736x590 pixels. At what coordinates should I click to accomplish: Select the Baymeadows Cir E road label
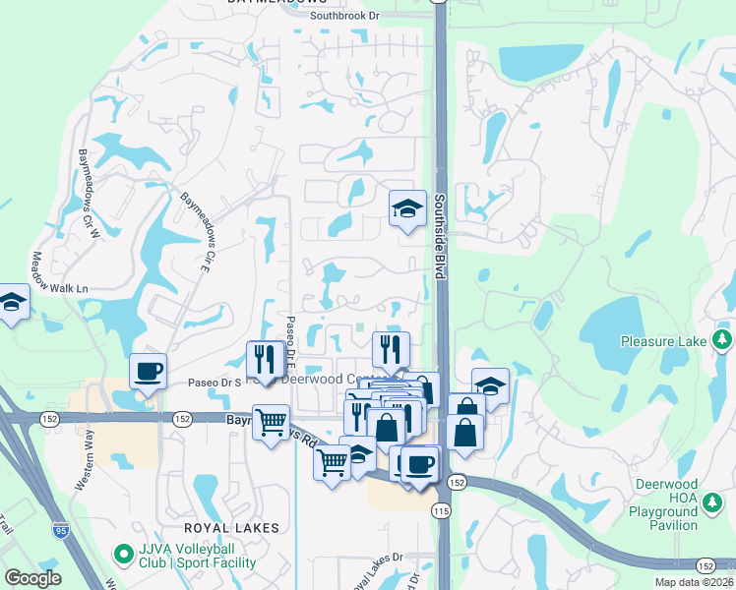pyautogui.click(x=197, y=232)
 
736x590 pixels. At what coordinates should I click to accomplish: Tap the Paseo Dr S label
pyautogui.click(x=214, y=382)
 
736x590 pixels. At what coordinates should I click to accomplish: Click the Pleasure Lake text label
pyautogui.click(x=663, y=341)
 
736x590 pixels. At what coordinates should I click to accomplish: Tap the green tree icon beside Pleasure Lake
pyautogui.click(x=723, y=340)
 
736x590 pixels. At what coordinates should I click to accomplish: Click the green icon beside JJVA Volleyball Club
pyautogui.click(x=123, y=556)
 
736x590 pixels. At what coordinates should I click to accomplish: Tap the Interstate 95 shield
pyautogui.click(x=61, y=529)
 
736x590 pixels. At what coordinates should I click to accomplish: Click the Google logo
pyautogui.click(x=32, y=578)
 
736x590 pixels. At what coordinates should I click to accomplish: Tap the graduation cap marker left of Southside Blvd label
pyautogui.click(x=407, y=208)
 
